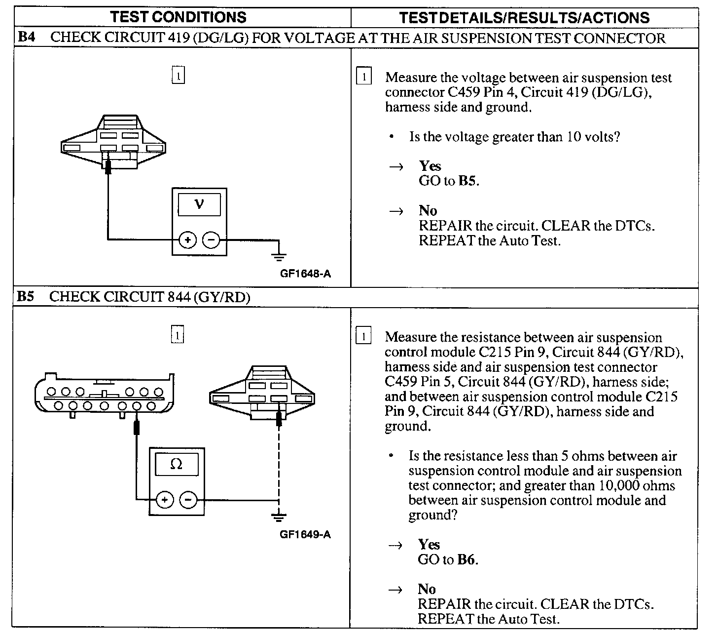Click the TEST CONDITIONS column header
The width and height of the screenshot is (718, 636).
click(x=178, y=17)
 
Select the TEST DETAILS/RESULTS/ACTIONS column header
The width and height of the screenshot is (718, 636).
click(x=524, y=18)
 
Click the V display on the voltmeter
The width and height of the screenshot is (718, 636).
click(x=199, y=204)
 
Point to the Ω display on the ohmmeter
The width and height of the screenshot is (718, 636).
click(x=177, y=465)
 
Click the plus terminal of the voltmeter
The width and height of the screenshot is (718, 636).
click(x=187, y=240)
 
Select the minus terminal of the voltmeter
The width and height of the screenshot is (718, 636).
click(x=211, y=240)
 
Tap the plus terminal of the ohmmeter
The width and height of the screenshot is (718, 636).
click(x=165, y=500)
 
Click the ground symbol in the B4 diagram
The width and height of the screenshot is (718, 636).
click(x=279, y=256)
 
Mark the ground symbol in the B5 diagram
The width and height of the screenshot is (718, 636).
click(x=279, y=517)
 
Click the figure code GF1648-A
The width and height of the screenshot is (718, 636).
click(x=305, y=274)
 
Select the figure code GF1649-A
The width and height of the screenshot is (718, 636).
click(x=305, y=534)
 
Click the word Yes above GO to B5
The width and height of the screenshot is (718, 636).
click(x=430, y=166)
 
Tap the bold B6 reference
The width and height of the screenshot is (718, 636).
click(x=467, y=559)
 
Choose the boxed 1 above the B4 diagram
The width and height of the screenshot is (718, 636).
click(x=178, y=76)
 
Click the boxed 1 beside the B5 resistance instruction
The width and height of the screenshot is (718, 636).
click(x=363, y=337)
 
